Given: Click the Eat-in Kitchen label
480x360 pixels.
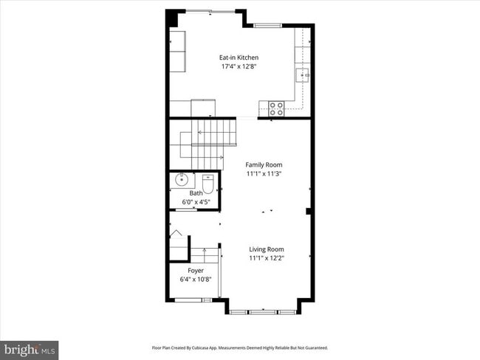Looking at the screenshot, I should click(239, 58).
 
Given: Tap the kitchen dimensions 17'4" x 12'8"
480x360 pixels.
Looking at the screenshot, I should click(239, 66).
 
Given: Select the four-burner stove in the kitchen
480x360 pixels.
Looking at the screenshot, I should click(276, 108).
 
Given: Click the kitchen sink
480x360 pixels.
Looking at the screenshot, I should click(303, 75).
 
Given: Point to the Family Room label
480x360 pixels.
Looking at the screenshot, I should click(264, 165).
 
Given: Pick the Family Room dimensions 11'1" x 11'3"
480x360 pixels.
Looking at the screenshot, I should click(264, 173).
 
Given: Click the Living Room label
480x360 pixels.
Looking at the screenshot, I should click(266, 249).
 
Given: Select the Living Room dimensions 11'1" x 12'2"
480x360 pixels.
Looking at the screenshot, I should click(266, 258).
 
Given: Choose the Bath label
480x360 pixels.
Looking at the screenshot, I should click(195, 193).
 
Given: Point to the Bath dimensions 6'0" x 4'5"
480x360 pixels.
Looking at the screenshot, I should click(195, 201).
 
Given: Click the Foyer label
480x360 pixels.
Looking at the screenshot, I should click(196, 271).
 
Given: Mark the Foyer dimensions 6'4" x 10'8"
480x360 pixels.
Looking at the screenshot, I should click(196, 280).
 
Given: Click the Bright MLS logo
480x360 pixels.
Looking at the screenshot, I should click(30, 349).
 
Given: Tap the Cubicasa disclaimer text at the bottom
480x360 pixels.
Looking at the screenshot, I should click(239, 347).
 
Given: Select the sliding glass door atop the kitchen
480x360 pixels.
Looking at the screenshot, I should click(214, 10).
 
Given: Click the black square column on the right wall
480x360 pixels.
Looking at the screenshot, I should click(309, 212).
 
